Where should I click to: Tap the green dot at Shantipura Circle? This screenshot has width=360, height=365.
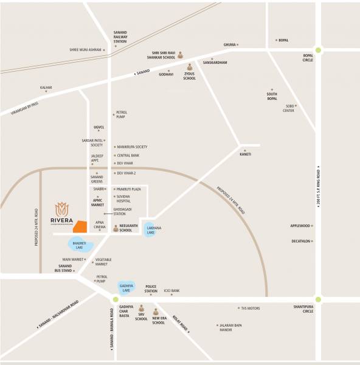click(317, 299)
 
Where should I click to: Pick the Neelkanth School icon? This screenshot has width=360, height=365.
click(115, 228)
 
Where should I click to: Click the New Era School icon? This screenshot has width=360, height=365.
click(156, 311)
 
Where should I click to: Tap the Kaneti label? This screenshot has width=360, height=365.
click(245, 155)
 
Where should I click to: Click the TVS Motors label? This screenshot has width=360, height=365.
click(250, 308)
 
